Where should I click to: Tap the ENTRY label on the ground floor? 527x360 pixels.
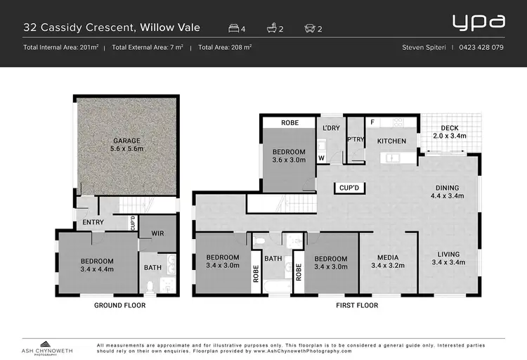93,222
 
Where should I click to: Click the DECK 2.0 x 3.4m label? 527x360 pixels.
449,131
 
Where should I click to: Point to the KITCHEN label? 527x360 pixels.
391,141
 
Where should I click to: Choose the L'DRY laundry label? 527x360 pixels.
331,129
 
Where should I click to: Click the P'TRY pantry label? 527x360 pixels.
356,139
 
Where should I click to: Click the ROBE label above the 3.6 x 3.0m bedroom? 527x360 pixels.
289,123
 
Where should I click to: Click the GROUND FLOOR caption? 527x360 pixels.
119,306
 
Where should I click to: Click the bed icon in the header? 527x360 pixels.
234,29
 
